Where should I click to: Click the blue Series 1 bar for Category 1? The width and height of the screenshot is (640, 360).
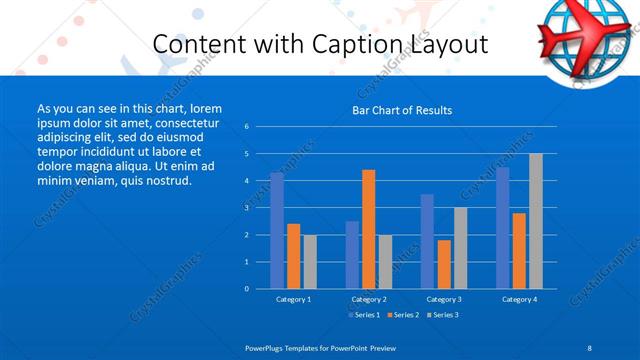(x=277, y=231)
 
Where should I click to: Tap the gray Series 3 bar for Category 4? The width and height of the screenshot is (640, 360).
(x=536, y=221)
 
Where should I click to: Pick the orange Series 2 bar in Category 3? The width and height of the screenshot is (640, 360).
(x=444, y=264)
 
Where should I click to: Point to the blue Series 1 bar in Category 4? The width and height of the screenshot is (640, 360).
(x=503, y=228)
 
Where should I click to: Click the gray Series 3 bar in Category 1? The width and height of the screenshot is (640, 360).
(x=310, y=262)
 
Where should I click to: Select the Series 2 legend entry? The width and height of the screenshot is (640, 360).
(x=403, y=315)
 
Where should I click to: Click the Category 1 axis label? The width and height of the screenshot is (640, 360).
(x=293, y=299)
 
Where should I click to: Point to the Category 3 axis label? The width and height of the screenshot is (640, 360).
(x=444, y=299)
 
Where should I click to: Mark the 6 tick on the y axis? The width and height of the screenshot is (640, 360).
(x=247, y=127)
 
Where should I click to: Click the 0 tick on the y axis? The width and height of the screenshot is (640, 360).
(x=247, y=289)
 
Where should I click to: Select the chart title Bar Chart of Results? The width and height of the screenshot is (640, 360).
(x=402, y=110)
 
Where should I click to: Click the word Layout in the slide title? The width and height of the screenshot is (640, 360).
(x=446, y=45)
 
